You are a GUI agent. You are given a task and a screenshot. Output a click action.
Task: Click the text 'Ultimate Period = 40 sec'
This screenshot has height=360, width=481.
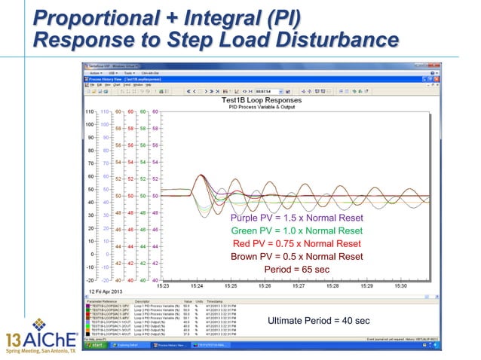(x=319, y=322)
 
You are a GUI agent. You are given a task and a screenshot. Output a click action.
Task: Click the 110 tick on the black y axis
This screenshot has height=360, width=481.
(x=88, y=111)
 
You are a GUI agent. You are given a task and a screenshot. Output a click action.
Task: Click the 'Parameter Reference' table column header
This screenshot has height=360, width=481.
(x=103, y=300)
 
